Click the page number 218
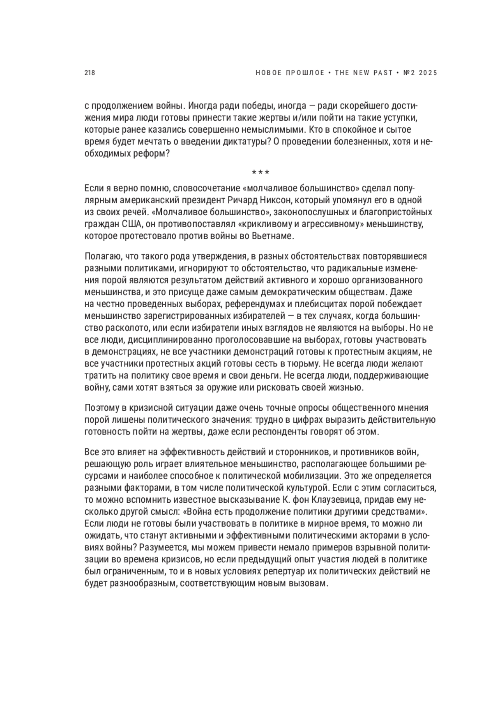click(90, 73)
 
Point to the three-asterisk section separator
click(260, 172)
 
